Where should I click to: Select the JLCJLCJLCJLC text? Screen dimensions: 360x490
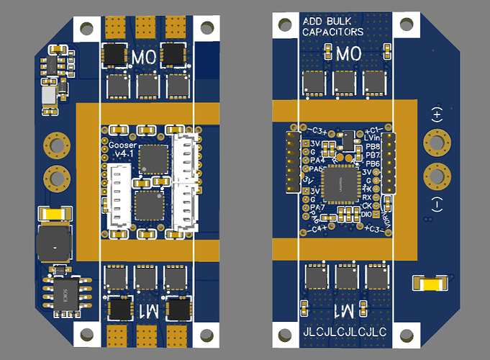[x=345, y=333]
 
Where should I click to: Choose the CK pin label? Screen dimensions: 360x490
[x=368, y=206]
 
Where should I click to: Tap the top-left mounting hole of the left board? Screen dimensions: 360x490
[x=86, y=28]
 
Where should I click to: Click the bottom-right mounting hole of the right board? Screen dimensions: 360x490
[x=407, y=333]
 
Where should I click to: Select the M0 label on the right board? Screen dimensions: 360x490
[x=348, y=54]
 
